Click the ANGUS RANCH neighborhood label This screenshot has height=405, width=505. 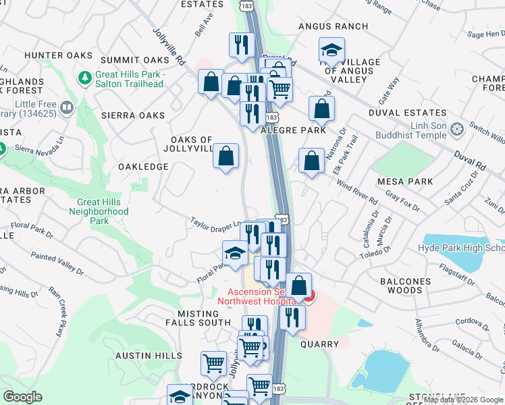[334, 26]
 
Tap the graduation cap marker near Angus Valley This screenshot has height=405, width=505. [331, 50]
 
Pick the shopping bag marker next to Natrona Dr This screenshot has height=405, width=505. [311, 161]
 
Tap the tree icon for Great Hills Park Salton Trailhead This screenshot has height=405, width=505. [85, 78]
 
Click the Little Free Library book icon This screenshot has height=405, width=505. [67, 107]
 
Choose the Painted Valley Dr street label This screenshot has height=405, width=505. [57, 265]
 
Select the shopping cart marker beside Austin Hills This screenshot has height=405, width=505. [213, 363]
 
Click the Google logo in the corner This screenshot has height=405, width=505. [23, 397]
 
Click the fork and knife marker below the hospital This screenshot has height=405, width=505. [292, 317]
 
